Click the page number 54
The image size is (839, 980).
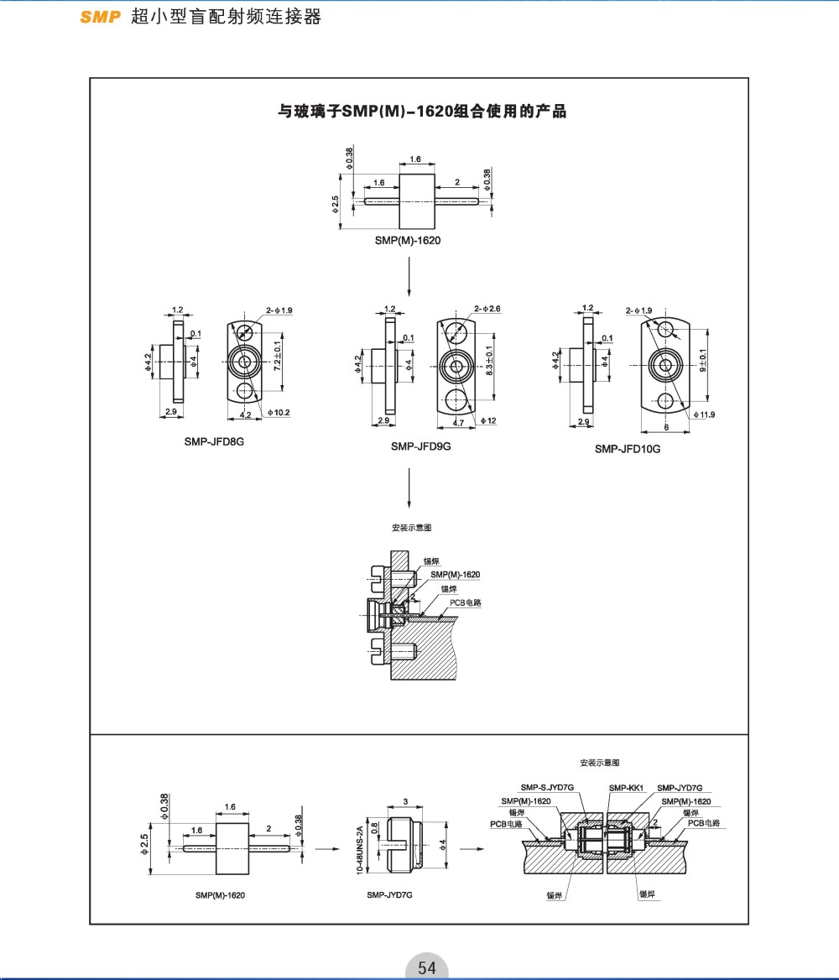pos(427,967)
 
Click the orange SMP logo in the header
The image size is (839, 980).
pos(101,17)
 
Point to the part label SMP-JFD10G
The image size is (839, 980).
pos(628,449)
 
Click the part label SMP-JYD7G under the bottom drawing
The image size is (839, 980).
pos(389,895)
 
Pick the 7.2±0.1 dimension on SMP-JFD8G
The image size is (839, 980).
pos(276,356)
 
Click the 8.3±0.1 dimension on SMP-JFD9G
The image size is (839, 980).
pos(490,362)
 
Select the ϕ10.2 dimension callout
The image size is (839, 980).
pos(279,412)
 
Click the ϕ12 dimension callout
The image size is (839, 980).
pos(490,420)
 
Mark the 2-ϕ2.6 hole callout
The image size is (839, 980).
pos(487,309)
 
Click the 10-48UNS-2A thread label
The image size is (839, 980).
pos(361,848)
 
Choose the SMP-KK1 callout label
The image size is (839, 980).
pos(625,788)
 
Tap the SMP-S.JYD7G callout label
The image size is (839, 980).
pos(547,788)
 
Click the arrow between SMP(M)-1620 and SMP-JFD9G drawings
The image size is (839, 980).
pos(409,277)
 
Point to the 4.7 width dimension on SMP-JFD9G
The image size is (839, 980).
pos(458,423)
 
